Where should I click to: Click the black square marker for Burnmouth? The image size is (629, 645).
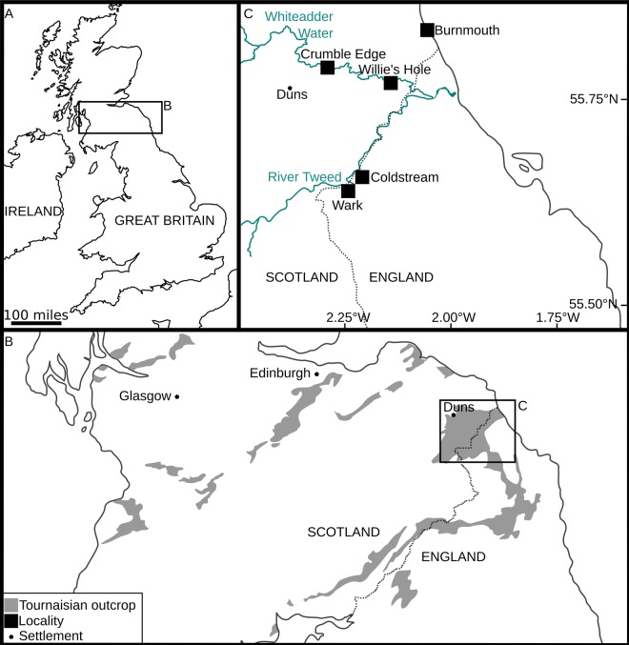[x=427, y=30]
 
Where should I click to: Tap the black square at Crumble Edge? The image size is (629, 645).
[x=328, y=68]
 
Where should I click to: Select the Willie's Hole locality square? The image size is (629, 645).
[x=390, y=83]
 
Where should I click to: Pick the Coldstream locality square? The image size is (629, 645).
[x=362, y=177]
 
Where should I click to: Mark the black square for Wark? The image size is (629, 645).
[x=348, y=191]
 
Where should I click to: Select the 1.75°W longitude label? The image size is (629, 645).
[x=560, y=316]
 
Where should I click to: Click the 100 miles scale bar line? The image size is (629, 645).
[x=37, y=324]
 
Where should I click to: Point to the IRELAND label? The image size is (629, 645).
[x=33, y=211]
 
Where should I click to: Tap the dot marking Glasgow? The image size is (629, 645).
[x=176, y=396]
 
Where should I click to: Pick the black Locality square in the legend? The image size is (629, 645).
[x=11, y=620]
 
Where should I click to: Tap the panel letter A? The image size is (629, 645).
[x=10, y=12]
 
